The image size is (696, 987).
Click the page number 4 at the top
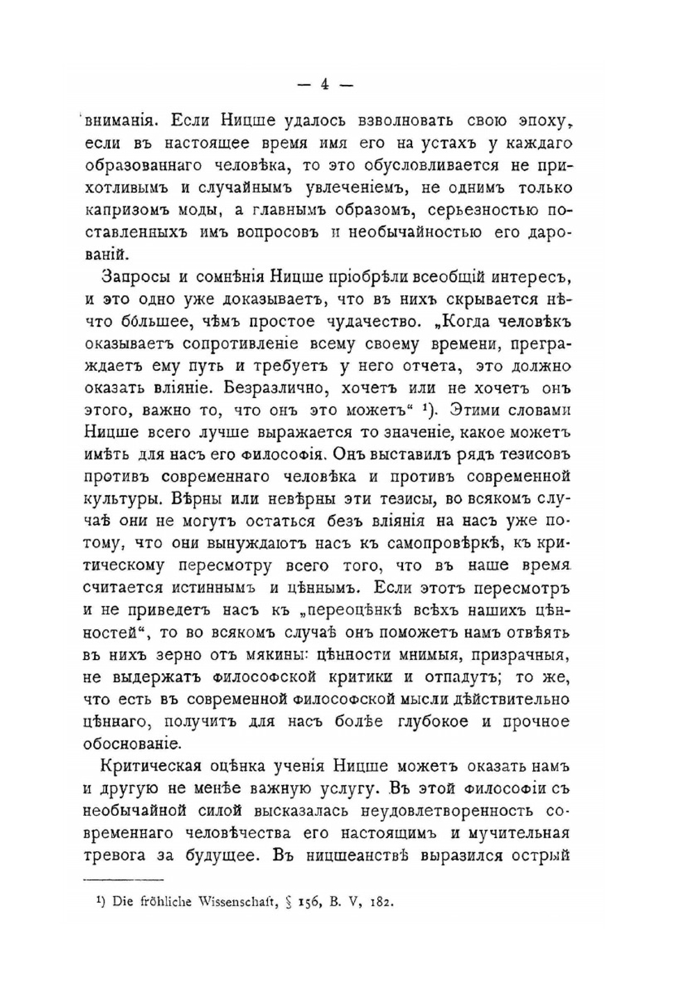(x=325, y=84)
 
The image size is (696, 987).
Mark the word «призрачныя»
(x=521, y=655)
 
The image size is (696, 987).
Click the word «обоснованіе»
(x=132, y=743)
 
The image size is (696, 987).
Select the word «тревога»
(x=116, y=855)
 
